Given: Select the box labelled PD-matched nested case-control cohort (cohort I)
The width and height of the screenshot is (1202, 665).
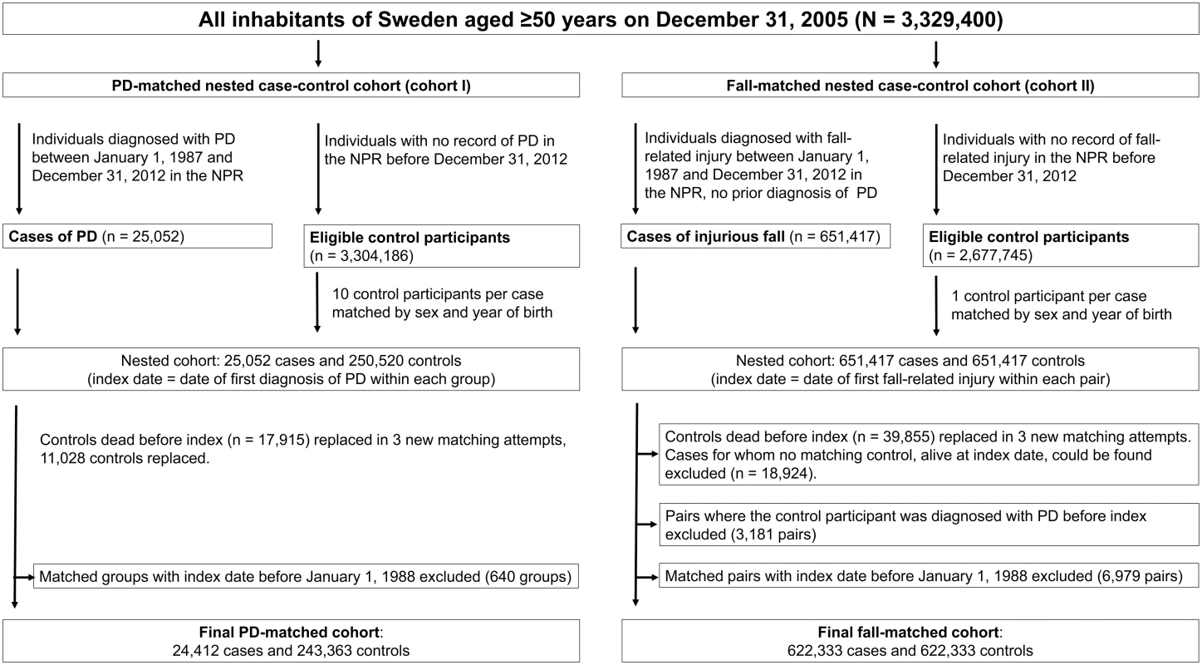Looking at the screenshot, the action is (x=291, y=85).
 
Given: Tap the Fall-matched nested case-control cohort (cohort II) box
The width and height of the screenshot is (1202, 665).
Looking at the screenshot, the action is (x=910, y=85).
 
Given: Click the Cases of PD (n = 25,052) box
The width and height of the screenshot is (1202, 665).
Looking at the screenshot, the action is (x=137, y=236).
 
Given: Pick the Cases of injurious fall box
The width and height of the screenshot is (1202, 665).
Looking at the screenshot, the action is (x=756, y=236).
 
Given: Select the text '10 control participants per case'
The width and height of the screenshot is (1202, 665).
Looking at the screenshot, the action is (x=438, y=294).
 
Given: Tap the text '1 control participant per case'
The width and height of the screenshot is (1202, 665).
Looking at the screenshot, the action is (x=1049, y=296).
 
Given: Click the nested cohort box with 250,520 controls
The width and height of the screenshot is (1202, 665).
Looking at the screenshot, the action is (x=291, y=369).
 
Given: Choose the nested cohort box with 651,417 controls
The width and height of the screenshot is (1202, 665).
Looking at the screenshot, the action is (x=910, y=369).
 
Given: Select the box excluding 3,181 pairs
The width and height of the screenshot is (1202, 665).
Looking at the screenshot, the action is (x=929, y=525).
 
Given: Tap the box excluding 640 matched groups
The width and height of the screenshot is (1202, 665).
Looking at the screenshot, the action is (x=306, y=576).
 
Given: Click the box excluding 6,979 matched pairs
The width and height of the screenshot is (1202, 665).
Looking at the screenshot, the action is (x=929, y=576).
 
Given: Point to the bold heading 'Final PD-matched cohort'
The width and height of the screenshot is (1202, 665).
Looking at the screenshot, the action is (x=289, y=633).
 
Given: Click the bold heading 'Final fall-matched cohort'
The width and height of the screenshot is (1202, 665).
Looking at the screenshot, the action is (x=908, y=633).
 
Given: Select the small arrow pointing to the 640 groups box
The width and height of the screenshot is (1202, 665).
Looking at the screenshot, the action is (x=23, y=578).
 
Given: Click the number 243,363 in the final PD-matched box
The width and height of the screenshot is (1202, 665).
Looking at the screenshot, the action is (x=325, y=651).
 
